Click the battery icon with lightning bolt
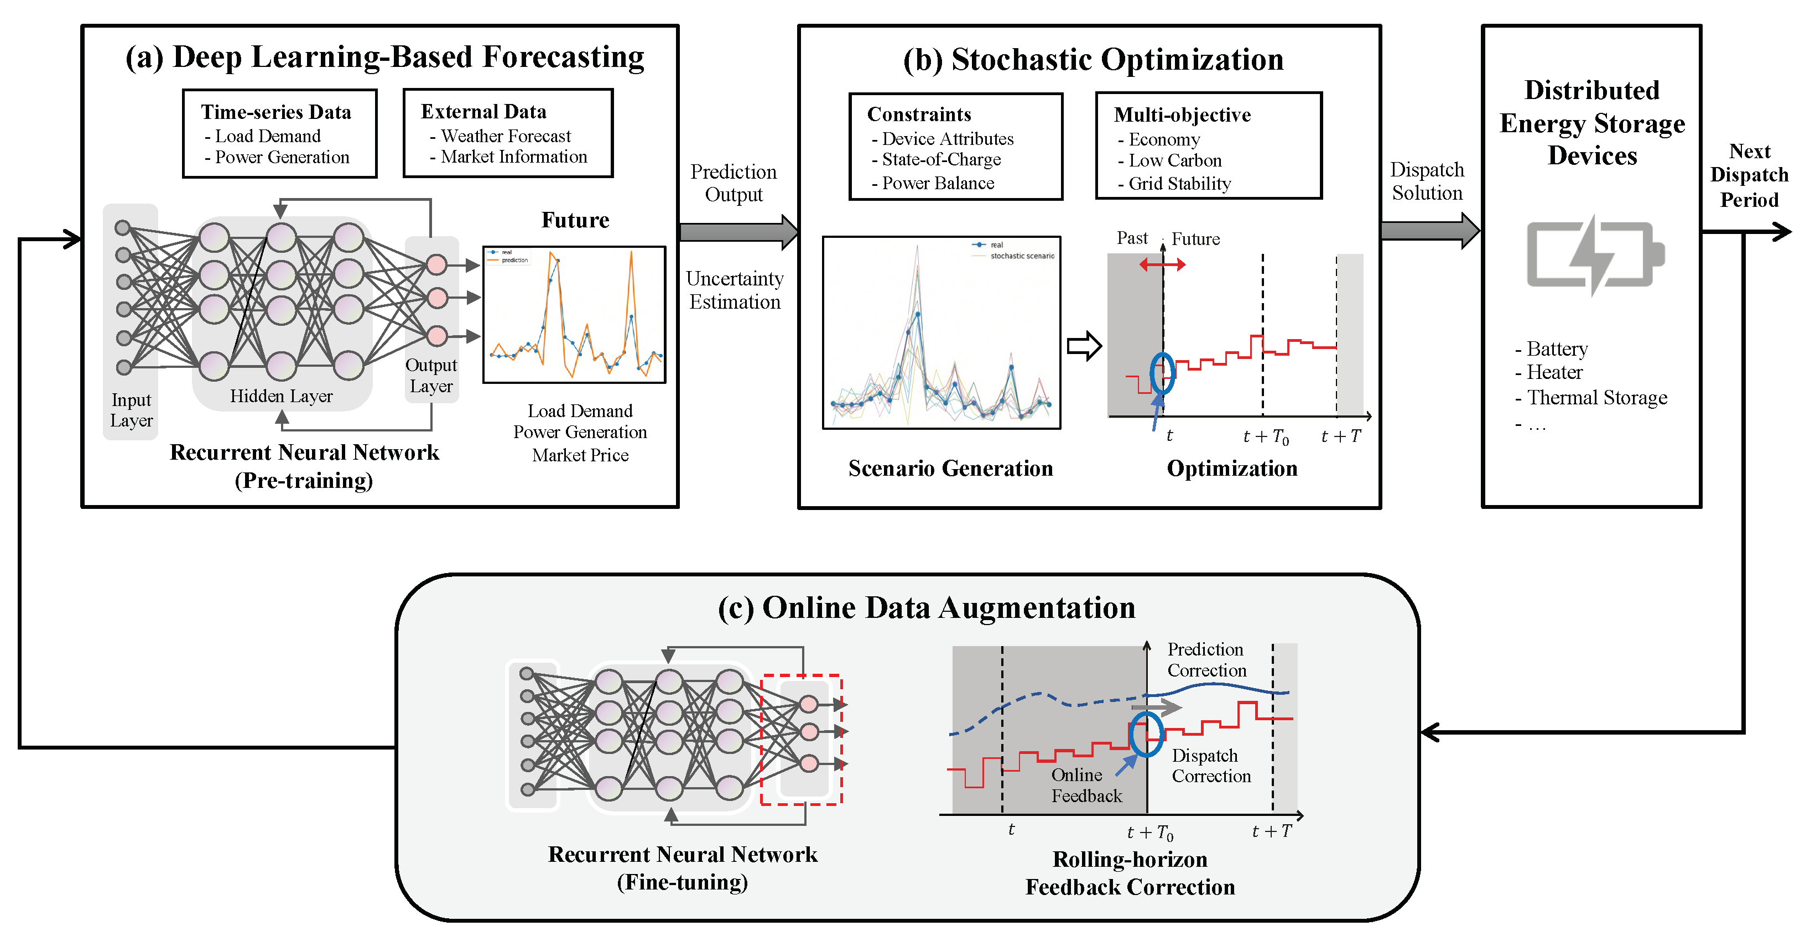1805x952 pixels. [1595, 255]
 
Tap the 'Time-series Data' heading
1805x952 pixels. [276, 112]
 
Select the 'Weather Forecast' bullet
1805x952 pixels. [505, 136]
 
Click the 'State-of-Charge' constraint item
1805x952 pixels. [940, 160]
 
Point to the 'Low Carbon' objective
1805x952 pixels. [1174, 161]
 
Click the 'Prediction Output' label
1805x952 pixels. [733, 183]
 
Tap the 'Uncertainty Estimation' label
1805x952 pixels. [734, 290]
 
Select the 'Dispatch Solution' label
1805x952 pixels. [1427, 181]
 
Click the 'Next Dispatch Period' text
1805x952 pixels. [1749, 175]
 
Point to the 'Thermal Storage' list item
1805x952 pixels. [1596, 398]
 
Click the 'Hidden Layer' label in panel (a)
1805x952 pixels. [281, 397]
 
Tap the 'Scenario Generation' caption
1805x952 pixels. [950, 468]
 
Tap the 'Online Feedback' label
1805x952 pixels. [1085, 785]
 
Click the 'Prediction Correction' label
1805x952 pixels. [1206, 660]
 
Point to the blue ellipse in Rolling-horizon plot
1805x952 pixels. [1146, 734]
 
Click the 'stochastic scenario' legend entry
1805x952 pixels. [1022, 256]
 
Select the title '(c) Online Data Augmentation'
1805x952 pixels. [927, 608]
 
